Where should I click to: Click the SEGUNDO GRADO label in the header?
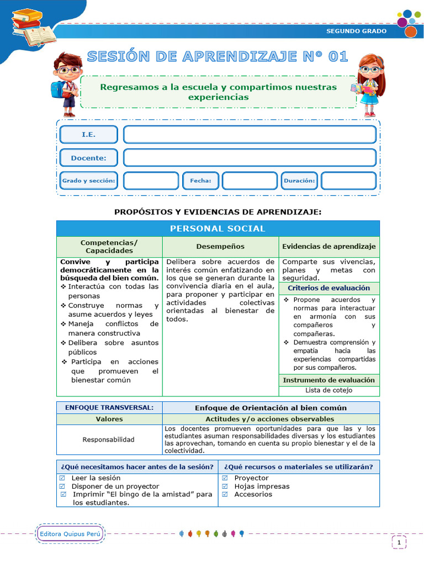356,31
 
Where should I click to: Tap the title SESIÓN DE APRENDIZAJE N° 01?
218,56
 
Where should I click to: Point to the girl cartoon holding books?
368,84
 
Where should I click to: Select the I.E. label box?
88,134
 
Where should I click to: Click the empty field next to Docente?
250,158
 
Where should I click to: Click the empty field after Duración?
348,181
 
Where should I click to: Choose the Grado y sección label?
88,181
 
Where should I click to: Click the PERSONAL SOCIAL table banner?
218,228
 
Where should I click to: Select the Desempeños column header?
220,247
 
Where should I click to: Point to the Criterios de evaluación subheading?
329,288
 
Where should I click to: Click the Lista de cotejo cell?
329,390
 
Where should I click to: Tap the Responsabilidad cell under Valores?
108,439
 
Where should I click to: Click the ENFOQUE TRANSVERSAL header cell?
109,407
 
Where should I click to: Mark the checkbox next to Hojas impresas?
225,486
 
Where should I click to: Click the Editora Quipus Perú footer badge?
71,534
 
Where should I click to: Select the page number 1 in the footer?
399,543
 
